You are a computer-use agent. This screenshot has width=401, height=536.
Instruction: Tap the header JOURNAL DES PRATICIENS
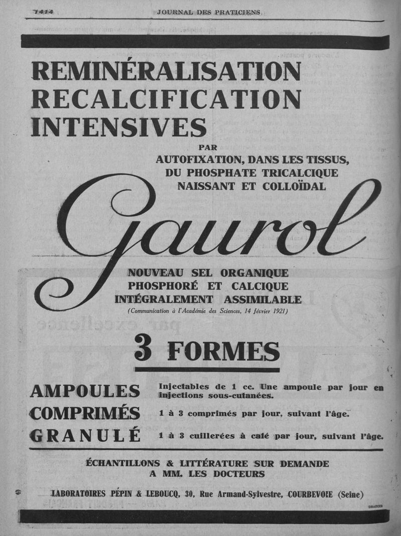[x=209, y=12]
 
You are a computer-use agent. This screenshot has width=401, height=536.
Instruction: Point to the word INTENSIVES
[x=118, y=126]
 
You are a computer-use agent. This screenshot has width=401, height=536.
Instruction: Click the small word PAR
[x=209, y=148]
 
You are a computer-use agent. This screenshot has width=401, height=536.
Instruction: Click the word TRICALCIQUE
[x=297, y=173]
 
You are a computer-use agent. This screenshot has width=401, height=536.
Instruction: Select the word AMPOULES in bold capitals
[x=85, y=391]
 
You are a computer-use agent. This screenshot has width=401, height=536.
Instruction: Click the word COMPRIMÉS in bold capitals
[x=85, y=413]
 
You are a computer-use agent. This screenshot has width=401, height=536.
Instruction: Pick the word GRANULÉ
[x=85, y=436]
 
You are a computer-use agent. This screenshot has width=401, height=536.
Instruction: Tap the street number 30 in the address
[x=189, y=494]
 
